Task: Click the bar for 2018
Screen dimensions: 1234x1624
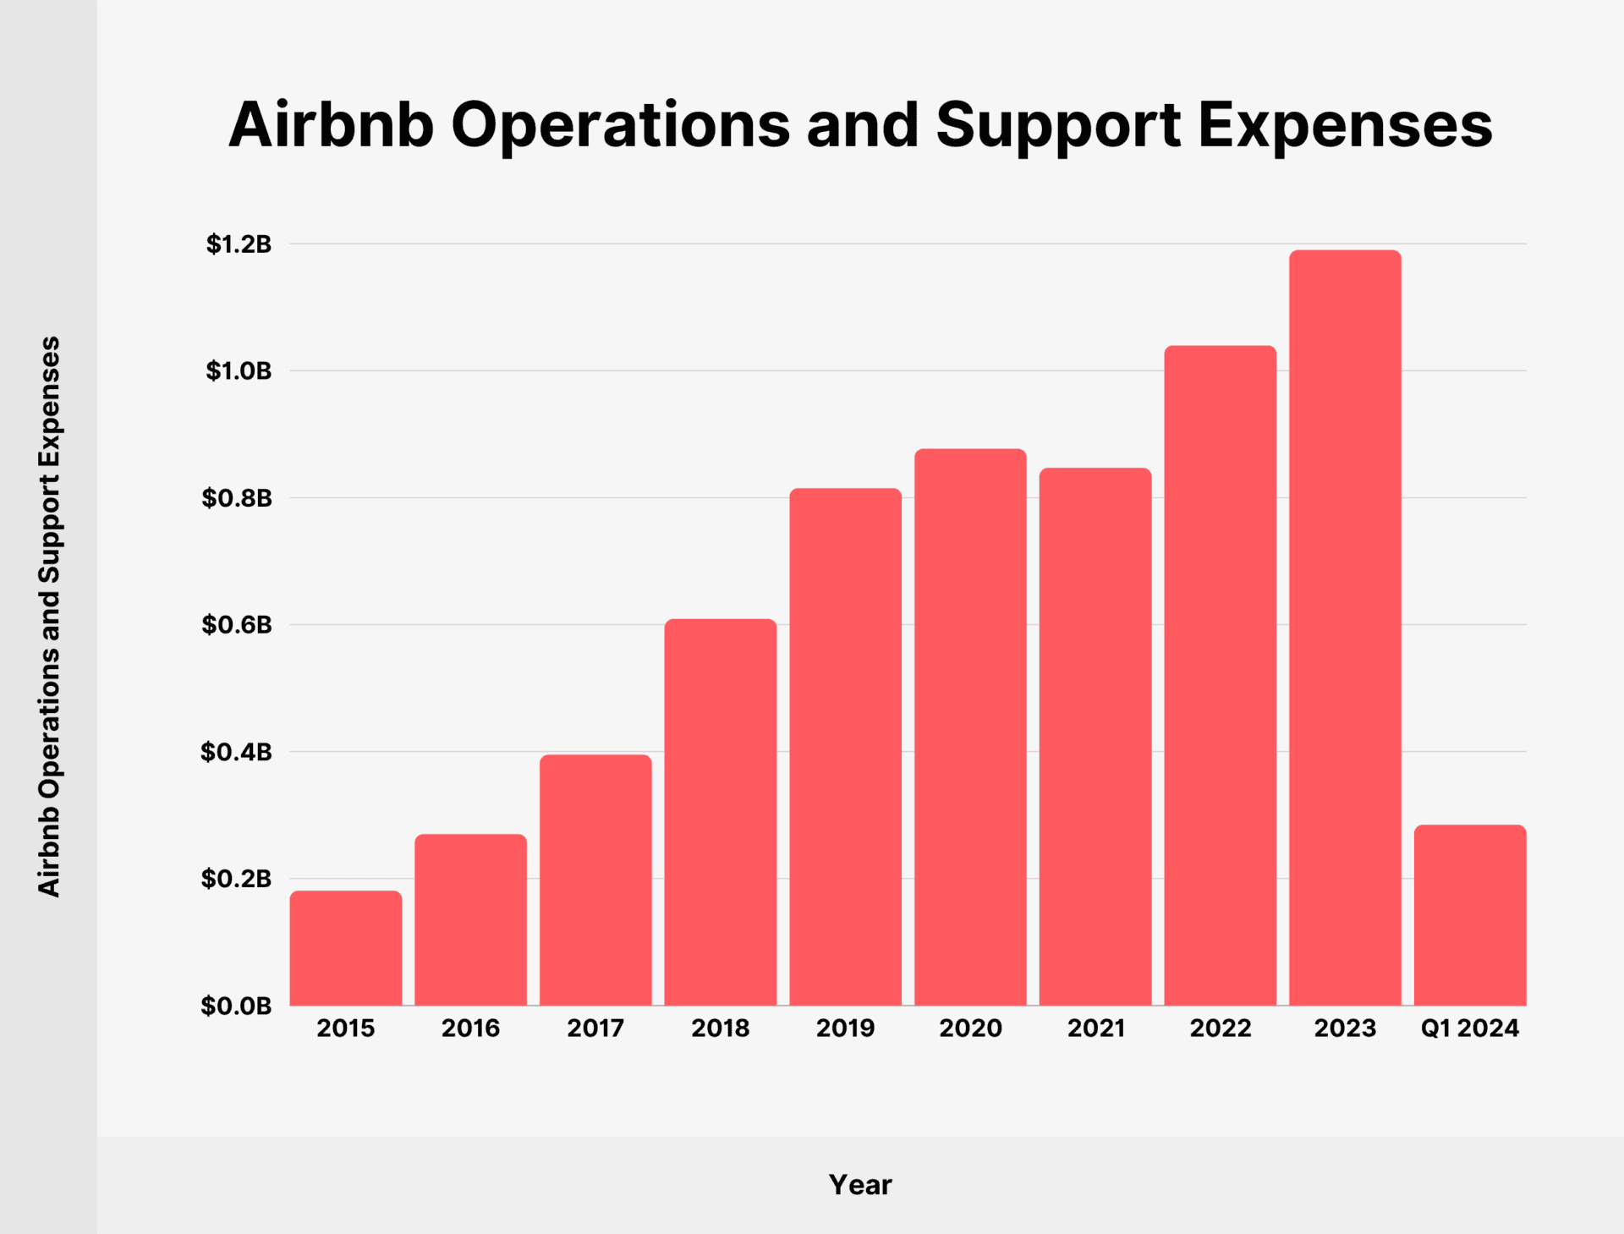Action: click(721, 812)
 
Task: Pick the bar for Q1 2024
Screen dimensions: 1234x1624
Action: click(1470, 915)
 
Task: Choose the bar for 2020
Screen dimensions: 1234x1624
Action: click(970, 727)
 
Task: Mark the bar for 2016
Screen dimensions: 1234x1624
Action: click(470, 919)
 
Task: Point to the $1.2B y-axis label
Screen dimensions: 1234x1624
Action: click(239, 244)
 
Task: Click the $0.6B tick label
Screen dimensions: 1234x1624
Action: click(237, 625)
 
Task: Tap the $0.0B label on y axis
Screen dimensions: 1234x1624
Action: click(236, 1006)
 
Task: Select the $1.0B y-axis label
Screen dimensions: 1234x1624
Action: click(239, 370)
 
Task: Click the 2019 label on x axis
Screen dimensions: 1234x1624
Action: click(845, 1028)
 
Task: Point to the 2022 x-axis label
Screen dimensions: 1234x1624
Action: click(1221, 1028)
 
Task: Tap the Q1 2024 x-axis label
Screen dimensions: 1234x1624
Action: click(1470, 1028)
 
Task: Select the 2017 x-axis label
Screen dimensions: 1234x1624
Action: click(595, 1028)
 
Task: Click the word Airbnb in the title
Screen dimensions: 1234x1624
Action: click(331, 125)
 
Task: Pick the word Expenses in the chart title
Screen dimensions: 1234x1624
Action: click(1345, 125)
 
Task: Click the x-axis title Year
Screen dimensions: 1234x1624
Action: click(860, 1185)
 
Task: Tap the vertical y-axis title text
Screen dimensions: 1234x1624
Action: click(49, 617)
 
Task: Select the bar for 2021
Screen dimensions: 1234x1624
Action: click(1095, 737)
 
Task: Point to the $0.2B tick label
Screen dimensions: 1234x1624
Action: click(236, 879)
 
